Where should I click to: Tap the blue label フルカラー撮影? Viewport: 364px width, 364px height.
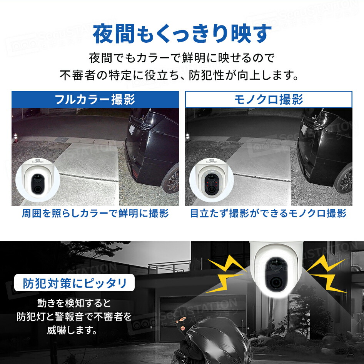(95, 100)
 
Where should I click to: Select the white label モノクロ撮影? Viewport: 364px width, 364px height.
(269, 100)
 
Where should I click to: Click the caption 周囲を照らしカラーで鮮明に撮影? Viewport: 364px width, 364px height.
(95, 214)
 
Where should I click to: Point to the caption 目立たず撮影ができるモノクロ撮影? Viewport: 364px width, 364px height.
(268, 214)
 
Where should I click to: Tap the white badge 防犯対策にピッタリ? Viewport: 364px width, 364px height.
(74, 284)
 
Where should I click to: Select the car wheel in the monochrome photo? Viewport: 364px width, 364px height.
(346, 180)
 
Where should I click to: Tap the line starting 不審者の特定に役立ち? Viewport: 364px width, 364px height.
(179, 74)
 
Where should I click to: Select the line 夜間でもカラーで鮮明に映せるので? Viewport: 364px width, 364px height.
(182, 59)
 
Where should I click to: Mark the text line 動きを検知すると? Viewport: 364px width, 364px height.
(74, 302)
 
